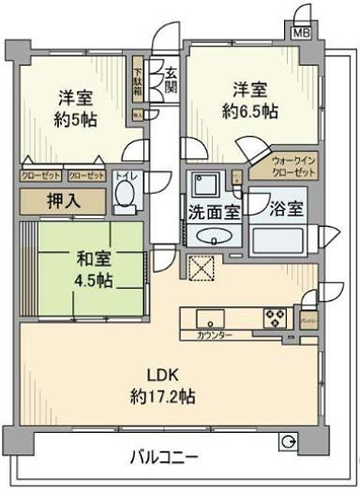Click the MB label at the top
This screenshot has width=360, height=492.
[301, 33]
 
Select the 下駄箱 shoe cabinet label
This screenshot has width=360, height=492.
[137, 82]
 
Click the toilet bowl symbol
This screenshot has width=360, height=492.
[123, 196]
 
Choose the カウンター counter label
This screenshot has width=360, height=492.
[215, 335]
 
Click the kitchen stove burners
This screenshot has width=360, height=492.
[276, 317]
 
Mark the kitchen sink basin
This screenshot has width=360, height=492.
[206, 317]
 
